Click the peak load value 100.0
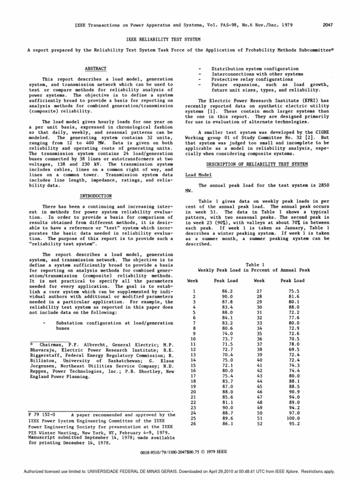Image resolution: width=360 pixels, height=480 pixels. pos(292,418)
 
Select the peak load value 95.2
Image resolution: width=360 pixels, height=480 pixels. pos(293,425)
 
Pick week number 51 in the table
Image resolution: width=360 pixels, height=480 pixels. pos(259,418)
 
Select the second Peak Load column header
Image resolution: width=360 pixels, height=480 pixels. pos(292,280)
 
